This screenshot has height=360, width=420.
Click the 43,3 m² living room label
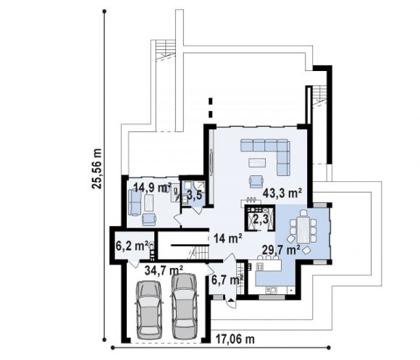282,193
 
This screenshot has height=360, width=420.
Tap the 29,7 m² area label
281,250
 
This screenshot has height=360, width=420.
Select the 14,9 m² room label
152,187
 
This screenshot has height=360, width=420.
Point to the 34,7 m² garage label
164,270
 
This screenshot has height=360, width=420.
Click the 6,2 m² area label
132,245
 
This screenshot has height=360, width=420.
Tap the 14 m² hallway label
228,238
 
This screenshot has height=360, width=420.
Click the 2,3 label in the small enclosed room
261,219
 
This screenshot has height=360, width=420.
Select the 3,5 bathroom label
194,196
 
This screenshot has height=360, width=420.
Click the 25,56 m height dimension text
97,169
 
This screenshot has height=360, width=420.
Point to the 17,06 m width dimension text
235,339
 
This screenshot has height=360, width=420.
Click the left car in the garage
149,310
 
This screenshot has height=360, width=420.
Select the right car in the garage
184,306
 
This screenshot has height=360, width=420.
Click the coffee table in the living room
257,162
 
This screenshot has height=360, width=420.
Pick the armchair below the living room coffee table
256,181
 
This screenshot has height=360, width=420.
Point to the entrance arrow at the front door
231,300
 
